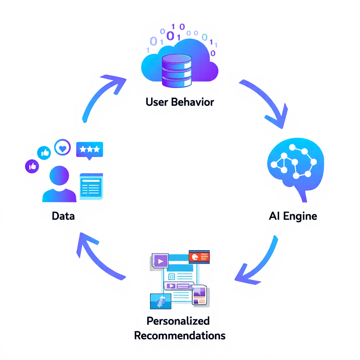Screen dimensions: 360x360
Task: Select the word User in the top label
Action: tap(157, 102)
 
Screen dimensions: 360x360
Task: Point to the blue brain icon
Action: tap(295, 165)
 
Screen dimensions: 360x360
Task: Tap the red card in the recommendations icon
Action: tap(199, 257)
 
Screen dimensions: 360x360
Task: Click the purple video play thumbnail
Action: tap(160, 261)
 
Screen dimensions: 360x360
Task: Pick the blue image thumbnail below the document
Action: tap(160, 301)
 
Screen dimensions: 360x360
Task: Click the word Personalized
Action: tap(178, 321)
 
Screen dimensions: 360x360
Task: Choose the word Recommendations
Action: tap(180, 335)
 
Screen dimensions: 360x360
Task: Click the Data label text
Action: tap(63, 216)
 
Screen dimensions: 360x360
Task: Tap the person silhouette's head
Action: tap(59, 176)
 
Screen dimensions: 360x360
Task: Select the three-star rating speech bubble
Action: tap(89, 150)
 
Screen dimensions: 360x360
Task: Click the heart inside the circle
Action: tap(63, 148)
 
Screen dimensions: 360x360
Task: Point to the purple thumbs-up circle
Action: tap(32, 166)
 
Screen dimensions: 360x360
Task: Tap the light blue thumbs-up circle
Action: tap(44, 153)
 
